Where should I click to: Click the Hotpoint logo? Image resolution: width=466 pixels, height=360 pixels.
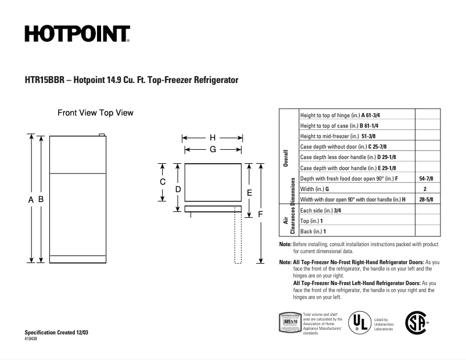[x=77, y=34]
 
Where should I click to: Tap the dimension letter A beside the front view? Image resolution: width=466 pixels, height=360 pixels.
[x=30, y=199]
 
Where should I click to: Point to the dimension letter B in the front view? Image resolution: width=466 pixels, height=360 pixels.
[x=41, y=199]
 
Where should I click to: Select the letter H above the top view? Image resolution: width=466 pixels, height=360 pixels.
[x=213, y=138]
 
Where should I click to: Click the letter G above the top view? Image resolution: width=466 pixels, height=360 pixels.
[x=213, y=149]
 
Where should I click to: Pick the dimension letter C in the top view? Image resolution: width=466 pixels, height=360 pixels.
[x=163, y=182]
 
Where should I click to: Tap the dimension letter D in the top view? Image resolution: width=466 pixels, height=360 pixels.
[x=178, y=189]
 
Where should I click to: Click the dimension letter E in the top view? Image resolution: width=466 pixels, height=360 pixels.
[x=249, y=192]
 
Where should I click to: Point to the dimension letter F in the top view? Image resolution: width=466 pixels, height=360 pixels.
[x=260, y=214]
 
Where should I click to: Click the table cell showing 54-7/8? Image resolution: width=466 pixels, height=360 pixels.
[x=426, y=178]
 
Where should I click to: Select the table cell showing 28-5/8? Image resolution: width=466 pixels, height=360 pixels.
[x=426, y=200]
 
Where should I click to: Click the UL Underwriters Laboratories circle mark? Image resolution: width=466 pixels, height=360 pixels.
[x=359, y=322]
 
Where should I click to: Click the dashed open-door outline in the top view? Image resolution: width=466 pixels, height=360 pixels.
[x=238, y=238]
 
